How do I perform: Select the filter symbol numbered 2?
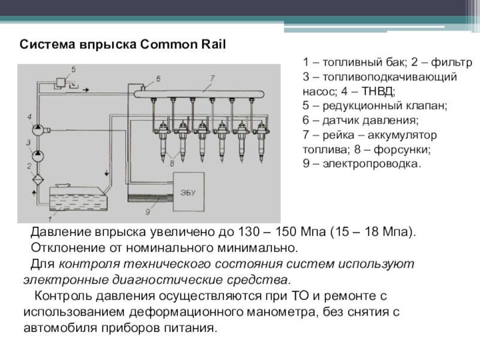tap(37, 178)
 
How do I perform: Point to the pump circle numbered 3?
tap(37, 155)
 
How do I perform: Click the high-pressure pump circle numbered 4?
tap(37, 129)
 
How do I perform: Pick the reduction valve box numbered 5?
tap(62, 82)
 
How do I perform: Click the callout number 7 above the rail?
tap(212, 77)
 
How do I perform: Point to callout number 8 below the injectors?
tap(173, 160)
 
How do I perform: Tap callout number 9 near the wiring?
tap(146, 211)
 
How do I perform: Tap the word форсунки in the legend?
tap(398, 149)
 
